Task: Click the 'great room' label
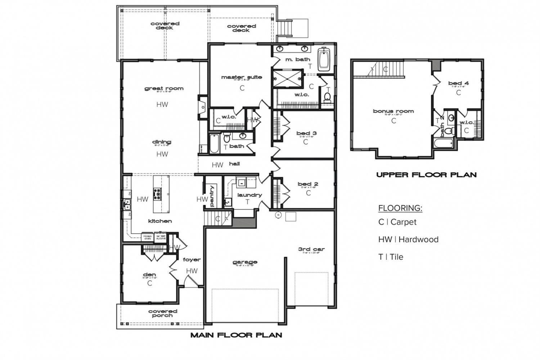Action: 164,88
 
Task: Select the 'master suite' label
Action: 242,77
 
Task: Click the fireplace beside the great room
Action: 203,107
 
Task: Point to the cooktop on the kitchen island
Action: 158,194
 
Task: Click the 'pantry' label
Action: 212,196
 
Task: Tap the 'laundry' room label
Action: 249,195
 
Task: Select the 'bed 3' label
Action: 306,133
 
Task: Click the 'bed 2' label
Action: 308,184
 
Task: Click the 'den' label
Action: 149,275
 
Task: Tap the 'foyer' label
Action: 192,260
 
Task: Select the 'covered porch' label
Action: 163,313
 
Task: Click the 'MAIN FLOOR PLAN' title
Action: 236,335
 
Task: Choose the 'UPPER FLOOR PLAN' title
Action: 426,175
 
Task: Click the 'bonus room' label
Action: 393,111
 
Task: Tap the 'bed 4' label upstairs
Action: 458,84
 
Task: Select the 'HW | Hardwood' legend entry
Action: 408,239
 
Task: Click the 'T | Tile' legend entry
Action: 391,257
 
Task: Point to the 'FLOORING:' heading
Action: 400,208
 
